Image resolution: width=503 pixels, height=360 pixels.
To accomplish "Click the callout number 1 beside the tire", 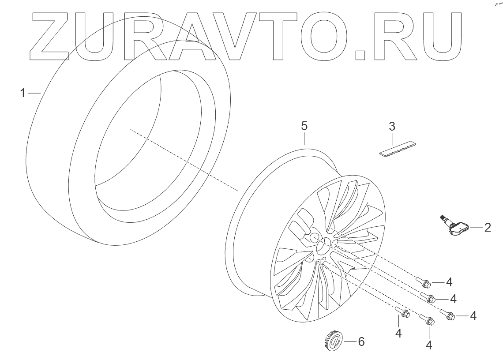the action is [23, 93].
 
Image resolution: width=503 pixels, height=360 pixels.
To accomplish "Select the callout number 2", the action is [488, 228].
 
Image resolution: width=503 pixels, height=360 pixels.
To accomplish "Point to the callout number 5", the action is [304, 126].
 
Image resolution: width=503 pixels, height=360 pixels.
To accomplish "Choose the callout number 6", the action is [361, 342].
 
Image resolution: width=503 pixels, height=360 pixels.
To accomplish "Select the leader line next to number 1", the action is [34, 93].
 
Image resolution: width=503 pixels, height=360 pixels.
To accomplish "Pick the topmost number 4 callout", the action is [449, 282].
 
